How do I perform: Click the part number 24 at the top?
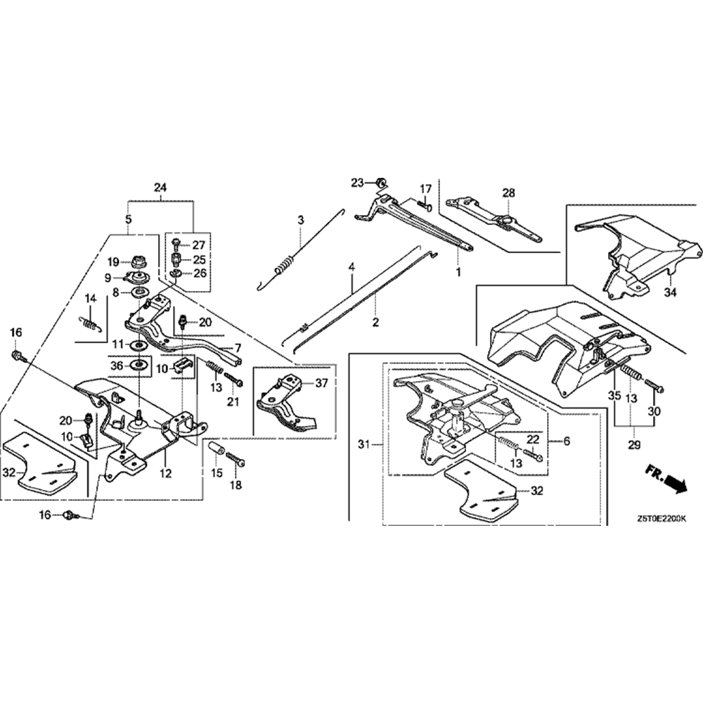click(160, 188)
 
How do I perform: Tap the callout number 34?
click(669, 292)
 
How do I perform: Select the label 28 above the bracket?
click(508, 193)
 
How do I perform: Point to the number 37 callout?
click(321, 382)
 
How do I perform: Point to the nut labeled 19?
click(138, 262)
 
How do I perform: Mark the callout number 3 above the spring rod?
click(301, 221)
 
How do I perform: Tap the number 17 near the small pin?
click(425, 189)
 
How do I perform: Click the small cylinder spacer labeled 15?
click(217, 448)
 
